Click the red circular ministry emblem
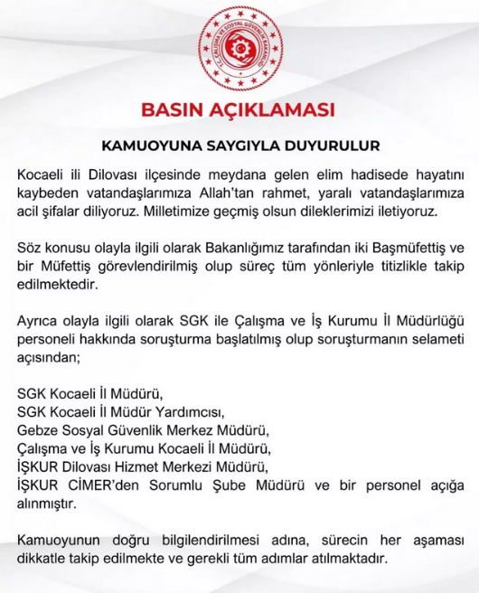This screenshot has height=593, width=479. [240, 46]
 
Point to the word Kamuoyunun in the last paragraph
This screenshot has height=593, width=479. [61, 540]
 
